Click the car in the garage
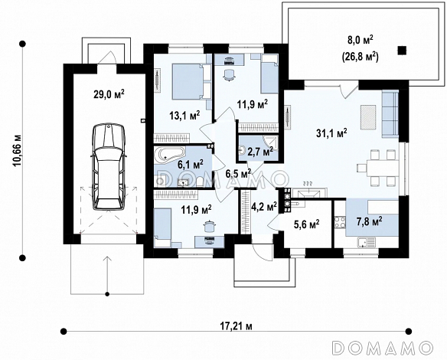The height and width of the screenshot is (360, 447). click(x=109, y=167)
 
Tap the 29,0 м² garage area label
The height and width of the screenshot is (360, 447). click(x=109, y=94)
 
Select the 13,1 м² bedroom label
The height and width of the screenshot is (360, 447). click(x=184, y=115)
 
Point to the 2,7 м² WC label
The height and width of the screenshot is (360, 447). click(x=260, y=152)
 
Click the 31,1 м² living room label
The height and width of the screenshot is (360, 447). click(x=331, y=133)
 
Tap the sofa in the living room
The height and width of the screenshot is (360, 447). click(x=390, y=113)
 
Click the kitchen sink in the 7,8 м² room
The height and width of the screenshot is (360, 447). click(x=367, y=243)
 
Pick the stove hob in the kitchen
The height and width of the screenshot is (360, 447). click(x=340, y=222)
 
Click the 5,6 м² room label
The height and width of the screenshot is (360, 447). click(x=306, y=224)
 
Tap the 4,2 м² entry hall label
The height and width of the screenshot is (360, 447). click(x=264, y=206)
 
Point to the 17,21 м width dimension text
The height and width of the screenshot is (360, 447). click(x=237, y=326)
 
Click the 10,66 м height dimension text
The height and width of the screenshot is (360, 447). click(x=17, y=150)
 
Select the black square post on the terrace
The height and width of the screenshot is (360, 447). click(x=402, y=51)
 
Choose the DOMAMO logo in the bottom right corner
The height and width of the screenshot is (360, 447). click(x=383, y=348)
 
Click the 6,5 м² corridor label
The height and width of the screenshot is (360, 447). click(x=238, y=173)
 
